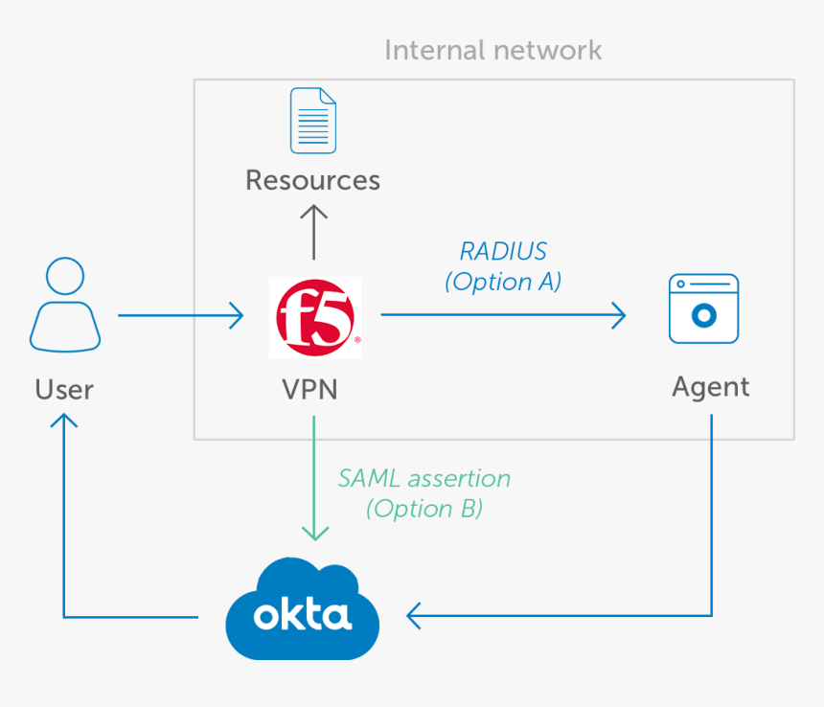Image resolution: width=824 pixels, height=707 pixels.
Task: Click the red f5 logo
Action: [x=315, y=316]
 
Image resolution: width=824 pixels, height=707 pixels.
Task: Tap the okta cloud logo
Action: [x=302, y=610]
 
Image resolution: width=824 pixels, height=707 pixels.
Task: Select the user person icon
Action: [x=64, y=306]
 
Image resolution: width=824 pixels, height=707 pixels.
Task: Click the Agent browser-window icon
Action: [x=703, y=308]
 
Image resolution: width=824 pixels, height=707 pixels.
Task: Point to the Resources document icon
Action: [x=313, y=121]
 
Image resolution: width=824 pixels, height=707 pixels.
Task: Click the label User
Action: [x=64, y=389]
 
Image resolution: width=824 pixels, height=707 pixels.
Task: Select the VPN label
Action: [x=309, y=389]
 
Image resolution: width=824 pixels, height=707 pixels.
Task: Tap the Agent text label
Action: [x=710, y=386]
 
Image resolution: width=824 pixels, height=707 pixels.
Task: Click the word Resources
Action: [x=312, y=180]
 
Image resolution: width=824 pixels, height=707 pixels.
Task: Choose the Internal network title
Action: [x=492, y=50]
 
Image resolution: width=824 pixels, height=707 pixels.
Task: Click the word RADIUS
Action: [x=503, y=251]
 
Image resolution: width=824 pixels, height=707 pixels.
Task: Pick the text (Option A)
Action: [x=503, y=282]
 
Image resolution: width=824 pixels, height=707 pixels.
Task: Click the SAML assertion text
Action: [x=423, y=478]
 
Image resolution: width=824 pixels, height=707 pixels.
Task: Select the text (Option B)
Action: [x=423, y=509]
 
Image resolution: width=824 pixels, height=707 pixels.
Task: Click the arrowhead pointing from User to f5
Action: [x=236, y=315]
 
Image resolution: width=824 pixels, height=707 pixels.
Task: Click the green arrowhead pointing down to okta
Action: [x=314, y=531]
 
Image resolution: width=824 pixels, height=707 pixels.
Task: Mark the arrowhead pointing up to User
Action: [x=64, y=422]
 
